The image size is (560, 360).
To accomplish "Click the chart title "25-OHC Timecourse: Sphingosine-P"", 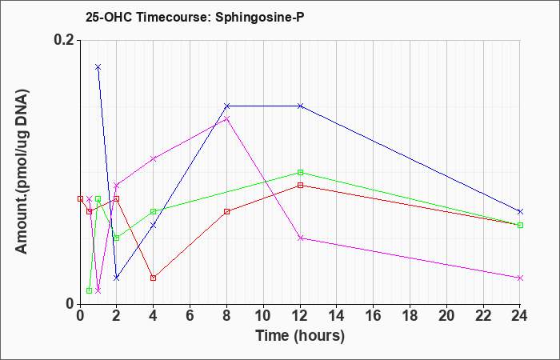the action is [x=195, y=18].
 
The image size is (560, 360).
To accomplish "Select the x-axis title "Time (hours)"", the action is [x=300, y=336].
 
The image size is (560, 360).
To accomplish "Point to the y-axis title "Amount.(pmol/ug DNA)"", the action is [x=22, y=172].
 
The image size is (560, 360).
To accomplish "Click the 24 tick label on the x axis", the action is [x=520, y=316].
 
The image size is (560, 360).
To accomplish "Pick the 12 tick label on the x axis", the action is [x=300, y=316].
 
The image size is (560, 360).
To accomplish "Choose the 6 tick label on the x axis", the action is [x=190, y=316].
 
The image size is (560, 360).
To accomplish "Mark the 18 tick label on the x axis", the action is [x=410, y=316].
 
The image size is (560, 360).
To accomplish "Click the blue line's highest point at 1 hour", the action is [x=98, y=67].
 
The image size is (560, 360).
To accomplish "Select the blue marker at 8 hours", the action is [x=226, y=106].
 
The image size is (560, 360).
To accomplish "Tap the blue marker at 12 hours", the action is [x=300, y=106].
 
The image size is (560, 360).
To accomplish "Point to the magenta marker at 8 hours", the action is [x=226, y=119].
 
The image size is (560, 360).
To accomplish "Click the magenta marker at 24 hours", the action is [x=520, y=278].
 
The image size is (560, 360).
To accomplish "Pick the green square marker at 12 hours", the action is [x=300, y=173].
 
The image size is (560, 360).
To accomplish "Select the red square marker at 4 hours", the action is [x=154, y=278].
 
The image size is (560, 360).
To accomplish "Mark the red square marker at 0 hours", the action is [x=80, y=199].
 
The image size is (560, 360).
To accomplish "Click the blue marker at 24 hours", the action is [x=520, y=212].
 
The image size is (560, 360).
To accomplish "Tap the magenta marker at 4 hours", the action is [x=154, y=159].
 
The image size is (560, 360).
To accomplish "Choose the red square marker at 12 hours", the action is [x=300, y=186].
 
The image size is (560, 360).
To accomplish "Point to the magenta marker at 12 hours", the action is [x=300, y=238].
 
